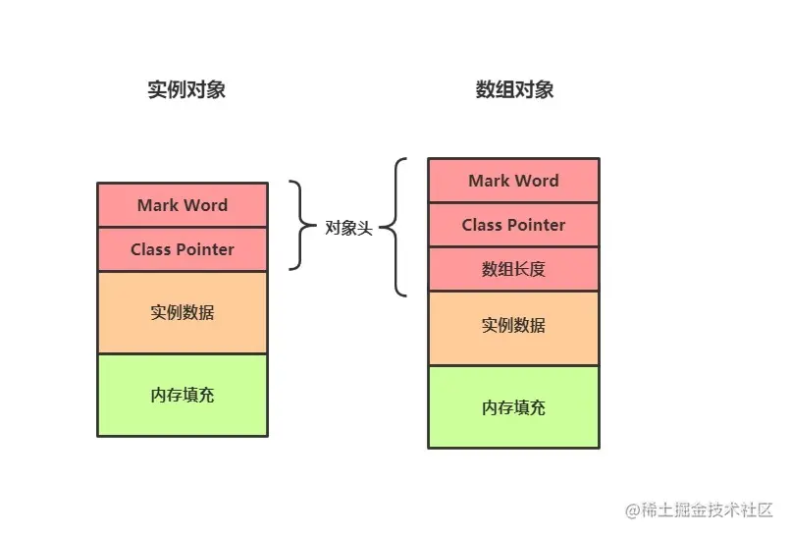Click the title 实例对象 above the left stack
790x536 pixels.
[x=186, y=90]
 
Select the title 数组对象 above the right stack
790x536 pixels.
[x=514, y=90]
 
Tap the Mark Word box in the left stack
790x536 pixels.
[x=183, y=205]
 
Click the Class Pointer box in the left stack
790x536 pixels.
[x=183, y=249]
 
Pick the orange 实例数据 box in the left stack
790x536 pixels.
[x=183, y=312]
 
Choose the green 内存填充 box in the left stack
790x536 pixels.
[x=183, y=395]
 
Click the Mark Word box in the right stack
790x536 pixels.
[x=513, y=181]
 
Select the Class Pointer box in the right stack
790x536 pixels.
[x=513, y=225]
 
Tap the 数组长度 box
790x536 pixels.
[x=513, y=269]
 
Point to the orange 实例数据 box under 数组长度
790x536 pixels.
[x=513, y=325]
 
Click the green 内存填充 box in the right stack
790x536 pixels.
[x=513, y=407]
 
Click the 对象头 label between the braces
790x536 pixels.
[x=349, y=228]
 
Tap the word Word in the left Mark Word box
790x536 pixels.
[x=205, y=205]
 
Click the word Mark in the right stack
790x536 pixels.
[x=488, y=181]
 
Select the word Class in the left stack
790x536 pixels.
[x=151, y=249]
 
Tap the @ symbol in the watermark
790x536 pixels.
[x=633, y=510]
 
